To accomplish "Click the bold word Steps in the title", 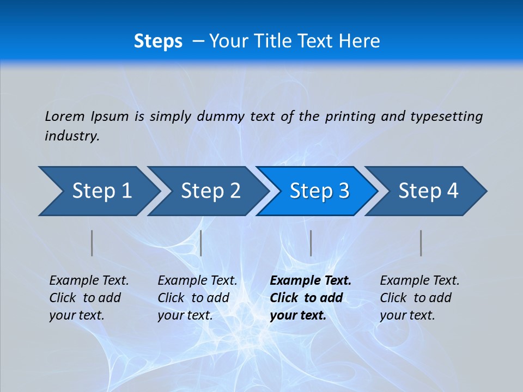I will pyautogui.click(x=158, y=41).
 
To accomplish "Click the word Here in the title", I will pyautogui.click(x=359, y=41).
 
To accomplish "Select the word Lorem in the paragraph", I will pyautogui.click(x=65, y=116).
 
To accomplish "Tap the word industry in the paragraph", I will pyautogui.click(x=71, y=136).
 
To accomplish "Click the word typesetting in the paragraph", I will pyautogui.click(x=446, y=116).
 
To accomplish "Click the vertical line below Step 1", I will pyautogui.click(x=92, y=243).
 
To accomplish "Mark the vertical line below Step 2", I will pyautogui.click(x=201, y=243).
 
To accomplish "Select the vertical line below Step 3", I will pyautogui.click(x=311, y=243).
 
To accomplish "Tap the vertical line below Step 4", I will pyautogui.click(x=421, y=243).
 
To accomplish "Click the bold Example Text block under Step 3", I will pyautogui.click(x=311, y=298).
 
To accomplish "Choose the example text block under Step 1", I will pyautogui.click(x=89, y=298).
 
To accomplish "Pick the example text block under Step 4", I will pyautogui.click(x=419, y=298).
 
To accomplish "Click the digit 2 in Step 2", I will pyautogui.click(x=234, y=191).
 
